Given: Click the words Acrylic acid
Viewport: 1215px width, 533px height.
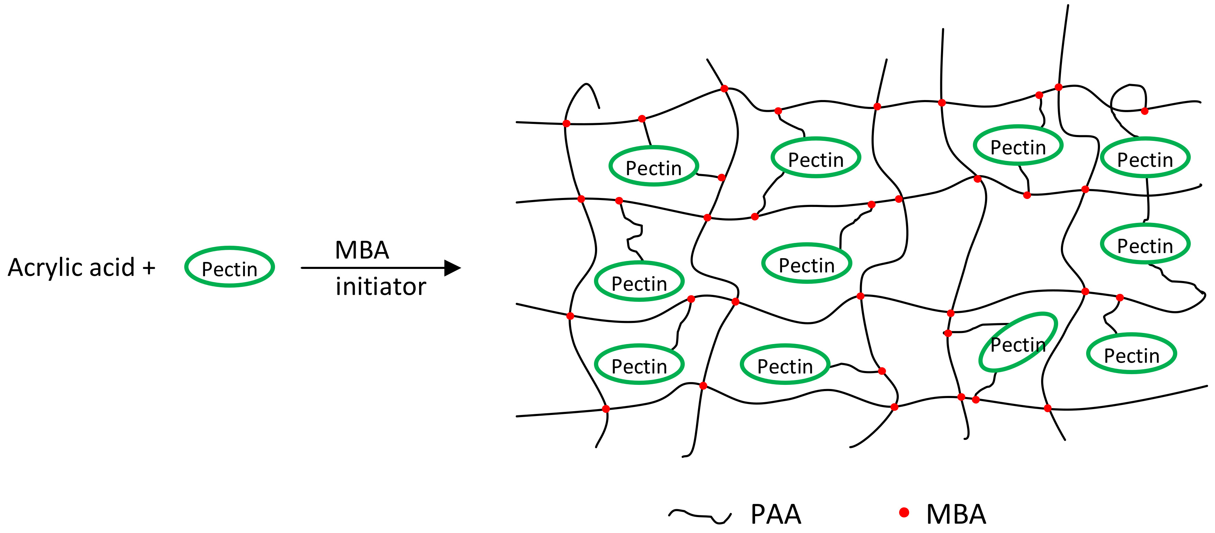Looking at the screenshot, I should (x=71, y=268).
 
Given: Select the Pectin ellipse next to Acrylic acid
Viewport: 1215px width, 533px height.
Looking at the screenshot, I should (x=229, y=267).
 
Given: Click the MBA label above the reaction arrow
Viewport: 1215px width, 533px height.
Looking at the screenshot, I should (x=362, y=250).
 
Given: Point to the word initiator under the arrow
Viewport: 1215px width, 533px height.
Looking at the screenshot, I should (x=381, y=287).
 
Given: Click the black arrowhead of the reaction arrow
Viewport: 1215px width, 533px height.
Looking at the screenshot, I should (x=452, y=268).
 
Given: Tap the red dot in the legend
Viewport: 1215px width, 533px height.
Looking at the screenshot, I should (x=904, y=513).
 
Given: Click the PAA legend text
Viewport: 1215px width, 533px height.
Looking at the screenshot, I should (x=776, y=514).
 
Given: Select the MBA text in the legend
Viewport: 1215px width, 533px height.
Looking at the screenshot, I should (x=956, y=514).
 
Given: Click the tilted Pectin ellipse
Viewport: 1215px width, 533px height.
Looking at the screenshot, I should (x=1018, y=343).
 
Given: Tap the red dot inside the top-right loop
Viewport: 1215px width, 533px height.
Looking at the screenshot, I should (x=1145, y=111).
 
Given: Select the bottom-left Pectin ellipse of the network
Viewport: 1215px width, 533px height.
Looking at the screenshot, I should (x=639, y=364).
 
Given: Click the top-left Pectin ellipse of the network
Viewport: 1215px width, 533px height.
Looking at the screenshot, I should (x=653, y=166).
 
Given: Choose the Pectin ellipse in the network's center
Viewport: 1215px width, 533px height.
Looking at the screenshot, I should (x=807, y=263).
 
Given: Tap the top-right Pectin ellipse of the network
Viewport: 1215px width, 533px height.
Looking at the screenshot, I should (x=1145, y=157).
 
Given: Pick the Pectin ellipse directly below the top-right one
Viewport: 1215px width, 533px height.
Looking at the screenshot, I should (x=1145, y=244).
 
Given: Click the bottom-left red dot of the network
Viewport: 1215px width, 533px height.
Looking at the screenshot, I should (x=606, y=409).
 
